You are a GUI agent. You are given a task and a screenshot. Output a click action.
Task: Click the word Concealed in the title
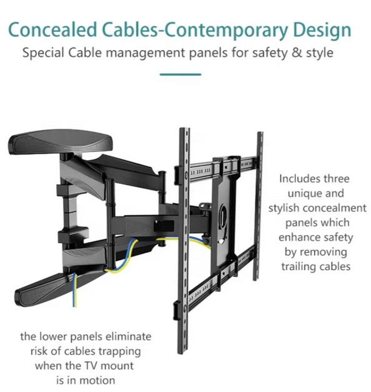(x=52, y=30)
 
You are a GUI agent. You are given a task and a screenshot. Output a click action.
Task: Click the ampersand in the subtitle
(x=297, y=53)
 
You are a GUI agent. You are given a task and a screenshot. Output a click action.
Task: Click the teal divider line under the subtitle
(x=180, y=74)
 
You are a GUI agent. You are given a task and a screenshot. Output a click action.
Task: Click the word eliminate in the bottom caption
(x=128, y=336)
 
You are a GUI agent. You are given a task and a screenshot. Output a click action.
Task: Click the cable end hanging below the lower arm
(x=75, y=300)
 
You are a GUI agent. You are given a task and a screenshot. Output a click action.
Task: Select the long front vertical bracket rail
(x=184, y=241)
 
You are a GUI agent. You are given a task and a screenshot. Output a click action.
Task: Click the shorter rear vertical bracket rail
(x=259, y=206)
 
